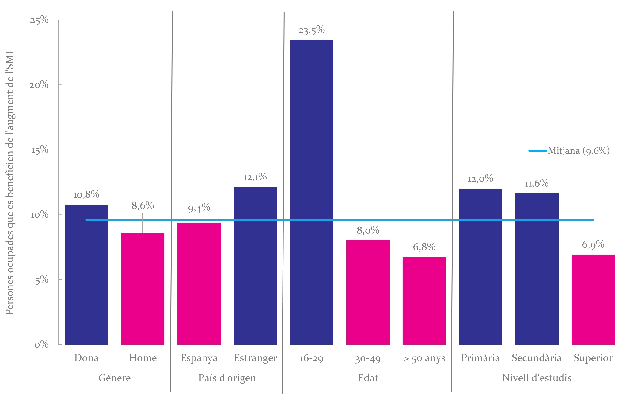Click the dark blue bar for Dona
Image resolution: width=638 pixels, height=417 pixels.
pyautogui.click(x=86, y=274)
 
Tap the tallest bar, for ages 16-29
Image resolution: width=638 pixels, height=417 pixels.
pyautogui.click(x=311, y=192)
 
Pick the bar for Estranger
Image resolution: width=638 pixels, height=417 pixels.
pyautogui.click(x=255, y=266)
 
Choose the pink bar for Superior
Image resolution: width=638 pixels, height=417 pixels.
pyautogui.click(x=593, y=299)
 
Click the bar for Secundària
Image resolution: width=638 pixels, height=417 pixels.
pyautogui.click(x=537, y=269)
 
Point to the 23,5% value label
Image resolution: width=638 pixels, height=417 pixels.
pyautogui.click(x=311, y=30)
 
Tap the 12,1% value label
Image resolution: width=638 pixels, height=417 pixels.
pyautogui.click(x=255, y=177)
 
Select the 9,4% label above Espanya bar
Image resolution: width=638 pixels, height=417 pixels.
pyautogui.click(x=199, y=208)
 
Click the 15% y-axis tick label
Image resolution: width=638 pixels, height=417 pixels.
pyautogui.click(x=40, y=150)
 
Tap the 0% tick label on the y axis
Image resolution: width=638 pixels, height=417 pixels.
pyautogui.click(x=42, y=344)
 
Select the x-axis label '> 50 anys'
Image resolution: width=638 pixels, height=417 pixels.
pyautogui.click(x=424, y=358)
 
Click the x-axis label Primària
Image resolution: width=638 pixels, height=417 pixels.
pyautogui.click(x=480, y=358)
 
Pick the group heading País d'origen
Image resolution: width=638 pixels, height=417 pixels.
pyautogui.click(x=227, y=378)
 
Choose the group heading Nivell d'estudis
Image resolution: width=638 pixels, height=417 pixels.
pyautogui.click(x=537, y=378)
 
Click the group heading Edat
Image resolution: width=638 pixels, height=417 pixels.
pyautogui.click(x=368, y=378)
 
